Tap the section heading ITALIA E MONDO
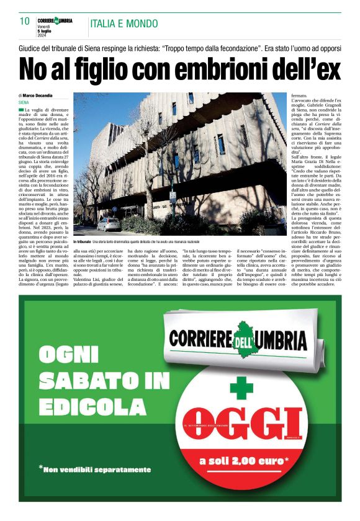(x=124, y=24)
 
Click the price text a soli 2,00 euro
(x=244, y=461)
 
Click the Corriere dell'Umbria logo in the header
(x=55, y=20)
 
